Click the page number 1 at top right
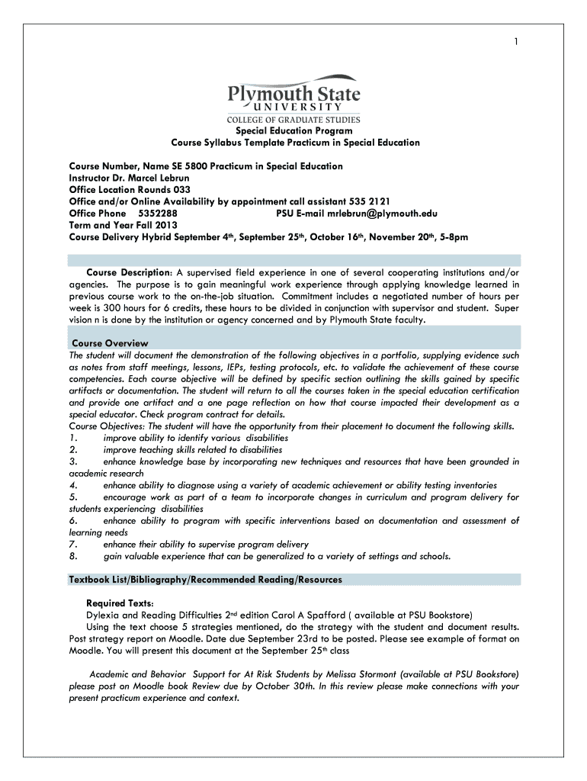point(515,42)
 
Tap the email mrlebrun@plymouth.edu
point(373,214)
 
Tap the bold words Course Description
point(127,272)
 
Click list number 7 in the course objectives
point(72,544)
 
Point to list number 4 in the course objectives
point(72,485)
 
